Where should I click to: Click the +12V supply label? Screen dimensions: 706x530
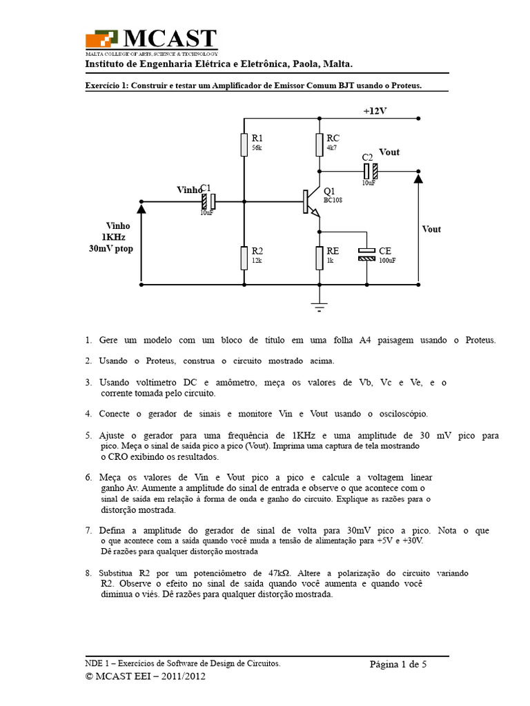tap(375, 110)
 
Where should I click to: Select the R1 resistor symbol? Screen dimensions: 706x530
tap(244, 144)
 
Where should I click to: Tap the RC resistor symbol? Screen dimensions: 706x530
tap(319, 144)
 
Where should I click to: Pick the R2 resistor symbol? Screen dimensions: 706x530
tap(244, 257)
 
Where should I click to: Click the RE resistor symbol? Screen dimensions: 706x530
tap(319, 257)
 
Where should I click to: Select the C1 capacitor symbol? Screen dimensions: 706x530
tap(208, 201)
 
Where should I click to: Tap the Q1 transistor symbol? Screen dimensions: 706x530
tap(311, 201)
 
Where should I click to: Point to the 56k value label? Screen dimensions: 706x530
tap(257, 148)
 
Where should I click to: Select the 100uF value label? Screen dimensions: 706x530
tap(387, 261)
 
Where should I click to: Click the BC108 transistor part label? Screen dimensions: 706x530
tap(333, 200)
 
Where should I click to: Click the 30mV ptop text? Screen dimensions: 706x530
tap(110, 248)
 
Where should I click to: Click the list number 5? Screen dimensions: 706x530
tap(88, 436)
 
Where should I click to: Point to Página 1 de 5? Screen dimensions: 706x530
tap(398, 665)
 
